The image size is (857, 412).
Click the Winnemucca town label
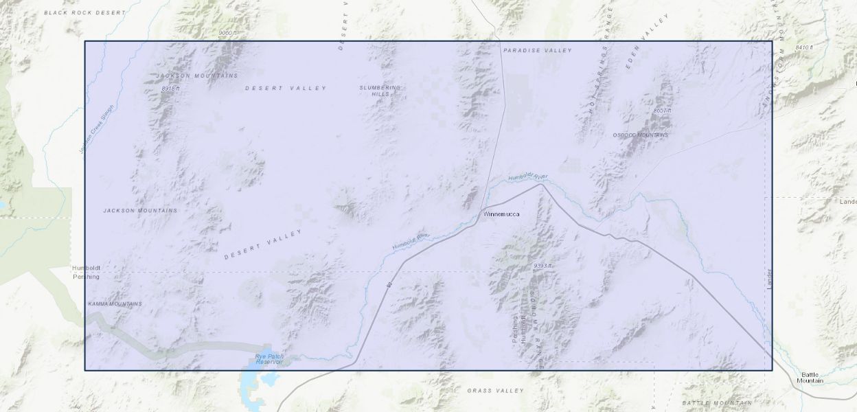click(x=501, y=214)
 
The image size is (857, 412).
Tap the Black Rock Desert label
click(x=85, y=12)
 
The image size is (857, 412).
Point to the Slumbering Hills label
click(x=380, y=91)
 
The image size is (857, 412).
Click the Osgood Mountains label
click(x=640, y=135)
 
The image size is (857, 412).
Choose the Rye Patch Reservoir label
click(x=269, y=358)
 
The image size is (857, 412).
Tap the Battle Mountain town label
click(x=810, y=377)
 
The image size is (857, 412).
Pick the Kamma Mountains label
click(x=115, y=304)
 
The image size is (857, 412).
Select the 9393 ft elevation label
click(x=542, y=265)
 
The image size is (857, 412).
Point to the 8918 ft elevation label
click(x=170, y=89)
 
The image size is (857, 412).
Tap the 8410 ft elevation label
click(x=803, y=47)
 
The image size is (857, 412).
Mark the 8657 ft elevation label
click(x=662, y=110)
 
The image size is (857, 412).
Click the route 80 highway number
click(x=388, y=284)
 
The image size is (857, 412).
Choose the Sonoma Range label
click(x=535, y=330)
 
